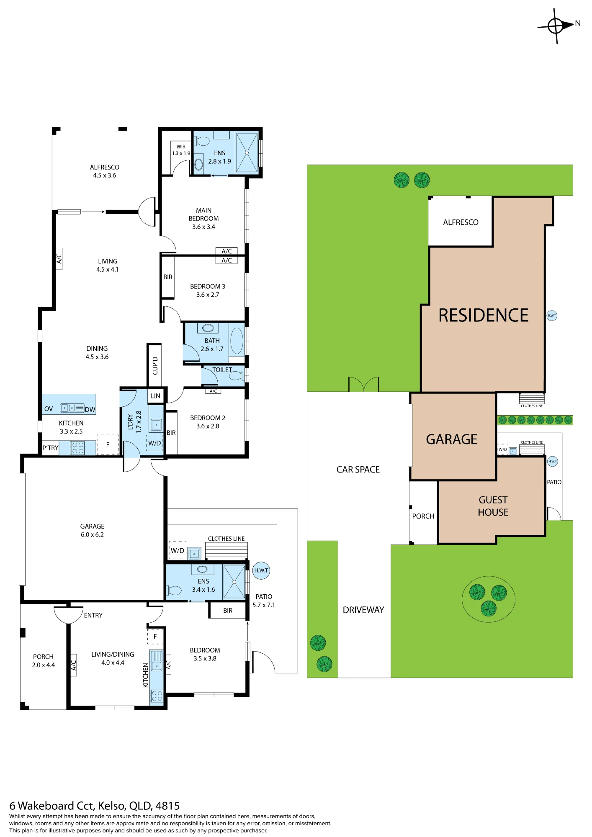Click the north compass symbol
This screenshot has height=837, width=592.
556,26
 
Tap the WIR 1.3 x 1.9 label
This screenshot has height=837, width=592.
181,150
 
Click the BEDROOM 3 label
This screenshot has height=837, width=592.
208,286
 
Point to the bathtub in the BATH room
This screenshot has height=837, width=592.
237,341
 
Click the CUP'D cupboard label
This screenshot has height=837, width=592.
155,365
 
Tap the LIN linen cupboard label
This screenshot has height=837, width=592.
155,396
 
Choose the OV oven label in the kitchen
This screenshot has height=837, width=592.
49,409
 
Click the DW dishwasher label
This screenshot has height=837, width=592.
90,409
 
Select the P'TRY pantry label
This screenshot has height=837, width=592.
50,448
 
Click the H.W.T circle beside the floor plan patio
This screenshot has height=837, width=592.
261,570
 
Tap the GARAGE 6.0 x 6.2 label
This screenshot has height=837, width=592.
92,530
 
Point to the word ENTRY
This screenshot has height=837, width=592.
93,615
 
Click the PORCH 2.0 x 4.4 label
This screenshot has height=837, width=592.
43,661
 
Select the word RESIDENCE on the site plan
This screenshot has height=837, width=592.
483,315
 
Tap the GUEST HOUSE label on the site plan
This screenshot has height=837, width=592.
493,506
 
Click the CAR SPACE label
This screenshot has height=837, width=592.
358,470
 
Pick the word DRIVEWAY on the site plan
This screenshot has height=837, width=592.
363,610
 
